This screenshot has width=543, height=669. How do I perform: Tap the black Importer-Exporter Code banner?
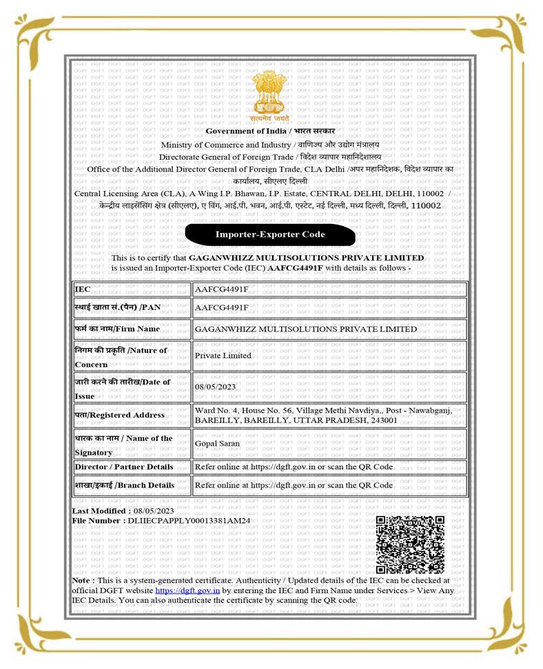(x=270, y=234)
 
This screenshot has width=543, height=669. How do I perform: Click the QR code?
(x=410, y=544)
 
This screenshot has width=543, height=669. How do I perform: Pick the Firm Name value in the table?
(x=306, y=329)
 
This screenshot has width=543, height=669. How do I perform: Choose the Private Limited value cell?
(x=223, y=356)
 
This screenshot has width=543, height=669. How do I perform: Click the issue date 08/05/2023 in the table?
(x=216, y=387)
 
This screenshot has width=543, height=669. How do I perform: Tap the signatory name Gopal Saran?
(x=218, y=443)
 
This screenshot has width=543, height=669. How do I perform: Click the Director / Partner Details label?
(x=124, y=466)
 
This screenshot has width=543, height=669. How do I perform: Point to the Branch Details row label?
(x=125, y=485)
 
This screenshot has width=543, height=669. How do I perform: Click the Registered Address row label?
(x=120, y=415)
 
